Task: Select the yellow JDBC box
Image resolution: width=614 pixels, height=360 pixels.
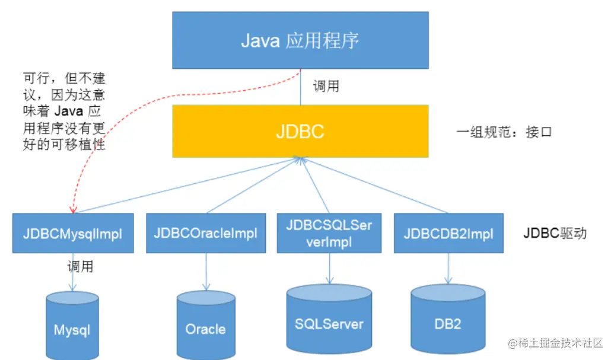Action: click(300, 131)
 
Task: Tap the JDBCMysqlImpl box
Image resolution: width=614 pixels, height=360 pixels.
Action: click(72, 233)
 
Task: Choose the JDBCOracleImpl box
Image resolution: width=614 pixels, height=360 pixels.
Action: click(205, 233)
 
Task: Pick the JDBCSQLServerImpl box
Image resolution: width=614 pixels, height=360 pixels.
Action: click(329, 233)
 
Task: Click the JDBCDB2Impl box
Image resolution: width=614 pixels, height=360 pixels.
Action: click(448, 233)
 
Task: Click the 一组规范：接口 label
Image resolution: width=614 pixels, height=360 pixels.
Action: click(504, 132)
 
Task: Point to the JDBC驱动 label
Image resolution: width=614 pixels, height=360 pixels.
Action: click(555, 233)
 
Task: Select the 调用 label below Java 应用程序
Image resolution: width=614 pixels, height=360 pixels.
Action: click(326, 86)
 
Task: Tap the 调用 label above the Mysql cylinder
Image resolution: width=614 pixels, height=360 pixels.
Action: click(80, 266)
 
